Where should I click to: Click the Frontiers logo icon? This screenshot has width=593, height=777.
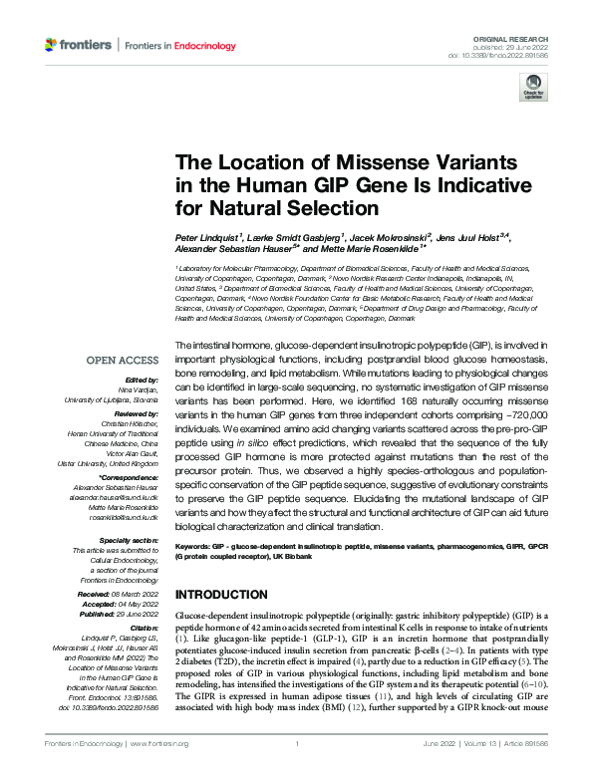click(52, 45)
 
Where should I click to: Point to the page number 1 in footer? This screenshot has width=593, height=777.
click(297, 744)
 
